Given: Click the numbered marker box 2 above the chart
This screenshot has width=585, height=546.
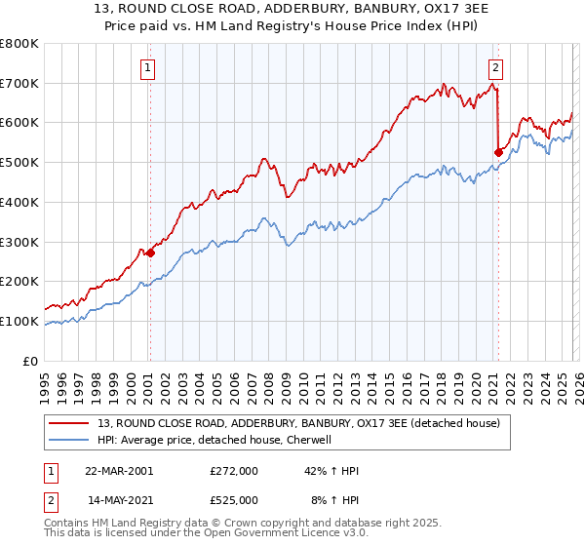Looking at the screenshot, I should click(496, 67).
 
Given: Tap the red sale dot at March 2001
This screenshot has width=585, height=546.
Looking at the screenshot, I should click(150, 253).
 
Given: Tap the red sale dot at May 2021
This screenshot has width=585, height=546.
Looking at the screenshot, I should click(498, 151).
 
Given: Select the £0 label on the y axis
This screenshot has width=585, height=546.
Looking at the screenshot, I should click(31, 361).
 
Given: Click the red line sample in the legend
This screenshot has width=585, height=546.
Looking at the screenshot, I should click(71, 423).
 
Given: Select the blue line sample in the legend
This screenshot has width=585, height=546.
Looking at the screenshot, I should click(71, 440).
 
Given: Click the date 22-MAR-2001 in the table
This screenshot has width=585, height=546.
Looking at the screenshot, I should click(119, 471).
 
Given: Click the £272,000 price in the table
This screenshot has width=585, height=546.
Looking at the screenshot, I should click(234, 471).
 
